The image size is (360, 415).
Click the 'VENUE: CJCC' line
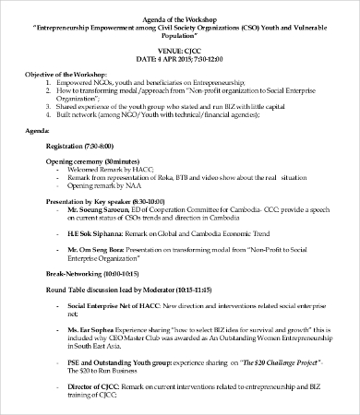(180, 52)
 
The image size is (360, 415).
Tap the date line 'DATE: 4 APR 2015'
(180, 60)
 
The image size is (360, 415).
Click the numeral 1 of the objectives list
(47, 81)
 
